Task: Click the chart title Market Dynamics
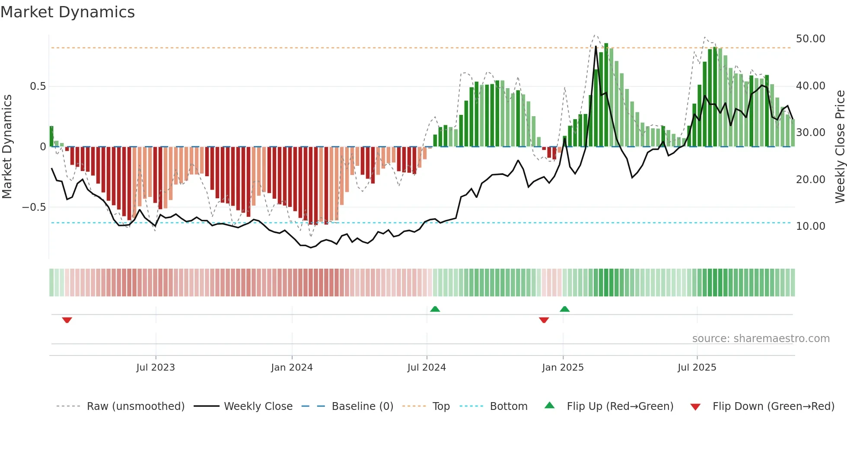tap(68, 12)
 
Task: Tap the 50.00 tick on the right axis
tap(810, 39)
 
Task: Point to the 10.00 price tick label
tap(810, 226)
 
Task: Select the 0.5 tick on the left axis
tap(38, 86)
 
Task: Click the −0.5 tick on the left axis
tap(34, 207)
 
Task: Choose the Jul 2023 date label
tap(156, 368)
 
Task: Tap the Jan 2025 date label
tap(563, 368)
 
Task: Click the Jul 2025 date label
tap(697, 368)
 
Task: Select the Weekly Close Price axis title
tap(840, 147)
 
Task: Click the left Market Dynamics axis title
tap(7, 147)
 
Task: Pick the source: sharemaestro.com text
tap(761, 339)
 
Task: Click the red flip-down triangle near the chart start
tap(67, 320)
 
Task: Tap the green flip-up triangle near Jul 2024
tap(435, 309)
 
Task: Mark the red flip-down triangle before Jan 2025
tap(544, 320)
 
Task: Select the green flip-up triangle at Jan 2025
tap(565, 309)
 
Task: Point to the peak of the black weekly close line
tap(596, 46)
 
